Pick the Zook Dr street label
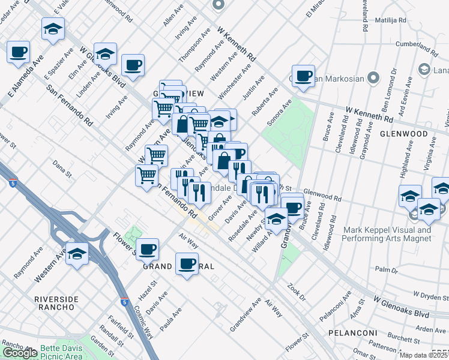coord(297,292)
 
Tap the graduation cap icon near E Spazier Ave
coord(53,28)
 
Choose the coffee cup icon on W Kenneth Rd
coord(304,76)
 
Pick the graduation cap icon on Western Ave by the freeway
coord(77,253)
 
